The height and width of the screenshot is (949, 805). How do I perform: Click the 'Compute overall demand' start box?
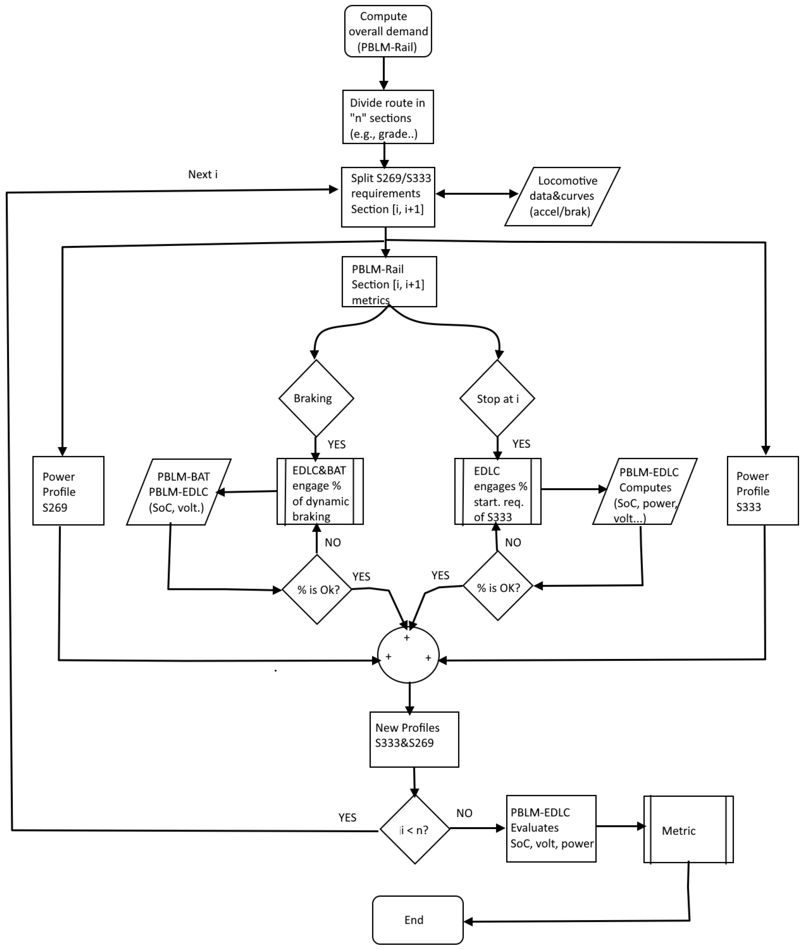coord(388,31)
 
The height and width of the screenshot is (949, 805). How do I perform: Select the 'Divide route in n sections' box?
coord(388,117)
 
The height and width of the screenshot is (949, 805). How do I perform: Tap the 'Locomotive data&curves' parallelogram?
coord(562,196)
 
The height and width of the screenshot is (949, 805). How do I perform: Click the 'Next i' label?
coord(203,174)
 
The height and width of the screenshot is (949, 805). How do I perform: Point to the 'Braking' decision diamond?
coord(316,398)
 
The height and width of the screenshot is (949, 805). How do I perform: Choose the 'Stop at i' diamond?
coord(497,398)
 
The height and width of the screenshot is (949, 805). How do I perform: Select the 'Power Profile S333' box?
coord(763,491)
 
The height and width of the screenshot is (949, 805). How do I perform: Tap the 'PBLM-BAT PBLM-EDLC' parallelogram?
coord(179,492)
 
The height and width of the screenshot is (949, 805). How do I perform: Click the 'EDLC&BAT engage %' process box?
coord(320,492)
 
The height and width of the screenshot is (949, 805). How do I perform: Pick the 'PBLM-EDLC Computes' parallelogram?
coord(645,492)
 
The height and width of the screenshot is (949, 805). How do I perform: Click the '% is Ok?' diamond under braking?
coord(318,589)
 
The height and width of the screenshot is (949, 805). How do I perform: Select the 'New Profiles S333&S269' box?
coord(414,740)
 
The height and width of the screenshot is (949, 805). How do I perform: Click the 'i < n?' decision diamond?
coord(414,830)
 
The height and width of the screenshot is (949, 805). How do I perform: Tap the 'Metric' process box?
coord(688,830)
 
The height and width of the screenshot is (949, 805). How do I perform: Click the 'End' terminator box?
coord(418,920)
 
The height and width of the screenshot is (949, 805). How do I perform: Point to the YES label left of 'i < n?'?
coord(347,817)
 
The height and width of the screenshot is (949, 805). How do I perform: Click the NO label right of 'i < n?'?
coord(464,813)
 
